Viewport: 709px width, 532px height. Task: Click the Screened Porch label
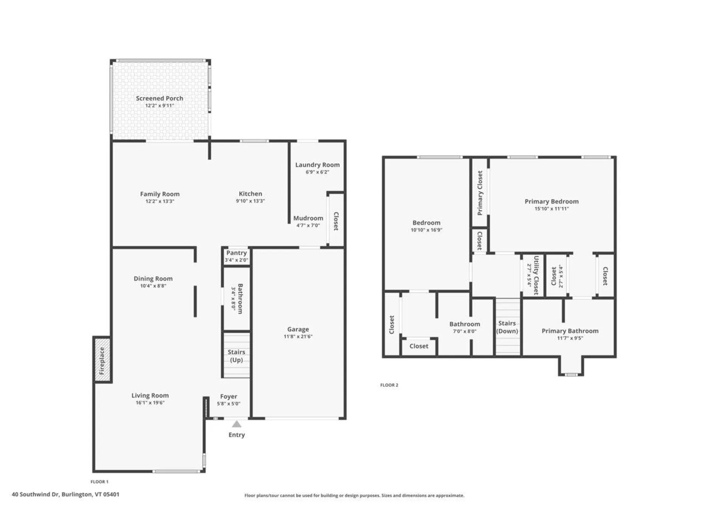pyautogui.click(x=159, y=98)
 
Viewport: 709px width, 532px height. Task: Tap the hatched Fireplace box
pyautogui.click(x=102, y=360)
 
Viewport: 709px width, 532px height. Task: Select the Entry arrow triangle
pyautogui.click(x=237, y=424)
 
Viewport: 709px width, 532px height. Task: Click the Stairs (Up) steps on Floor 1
pyautogui.click(x=236, y=356)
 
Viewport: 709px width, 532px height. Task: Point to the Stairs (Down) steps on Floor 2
pyautogui.click(x=507, y=327)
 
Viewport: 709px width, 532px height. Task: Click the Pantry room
pyautogui.click(x=237, y=256)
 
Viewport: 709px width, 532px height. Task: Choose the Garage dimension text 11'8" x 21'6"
pyautogui.click(x=298, y=337)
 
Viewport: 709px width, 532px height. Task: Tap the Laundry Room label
pyautogui.click(x=317, y=165)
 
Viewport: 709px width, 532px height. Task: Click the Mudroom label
pyautogui.click(x=308, y=218)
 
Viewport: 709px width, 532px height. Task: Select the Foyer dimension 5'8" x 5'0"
pyautogui.click(x=229, y=404)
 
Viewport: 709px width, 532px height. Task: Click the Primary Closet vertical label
pyautogui.click(x=480, y=193)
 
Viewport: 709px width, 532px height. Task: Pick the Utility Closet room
pyautogui.click(x=533, y=275)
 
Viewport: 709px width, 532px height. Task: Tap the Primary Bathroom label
pyautogui.click(x=570, y=331)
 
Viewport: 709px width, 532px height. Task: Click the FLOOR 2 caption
pyautogui.click(x=389, y=385)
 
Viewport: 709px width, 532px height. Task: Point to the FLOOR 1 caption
pyautogui.click(x=99, y=482)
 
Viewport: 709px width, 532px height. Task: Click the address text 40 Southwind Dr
pyautogui.click(x=35, y=494)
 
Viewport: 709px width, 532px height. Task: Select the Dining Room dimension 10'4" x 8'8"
pyautogui.click(x=153, y=286)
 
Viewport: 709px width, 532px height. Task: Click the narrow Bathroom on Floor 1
pyautogui.click(x=237, y=299)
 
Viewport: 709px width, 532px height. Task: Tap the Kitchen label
pyautogui.click(x=250, y=194)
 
